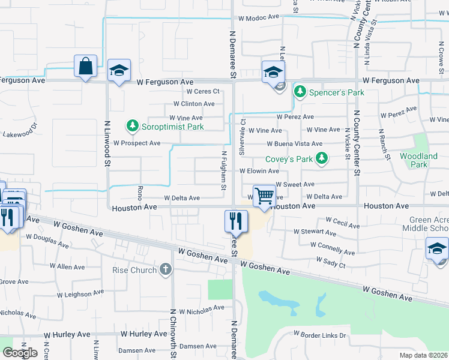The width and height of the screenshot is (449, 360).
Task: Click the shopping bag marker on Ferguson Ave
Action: point(86,66)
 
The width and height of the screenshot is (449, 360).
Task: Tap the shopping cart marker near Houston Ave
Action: point(264,196)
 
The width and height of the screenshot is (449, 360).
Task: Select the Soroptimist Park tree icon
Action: point(132,126)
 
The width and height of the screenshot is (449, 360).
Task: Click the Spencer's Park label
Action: point(337,92)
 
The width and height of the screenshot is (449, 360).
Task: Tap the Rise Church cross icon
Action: point(165,270)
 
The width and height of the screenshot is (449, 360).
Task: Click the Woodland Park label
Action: point(418,160)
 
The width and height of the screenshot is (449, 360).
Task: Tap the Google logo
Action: point(20,353)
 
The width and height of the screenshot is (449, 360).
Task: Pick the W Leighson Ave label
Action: point(82,295)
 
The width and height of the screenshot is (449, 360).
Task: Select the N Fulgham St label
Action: point(223,170)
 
